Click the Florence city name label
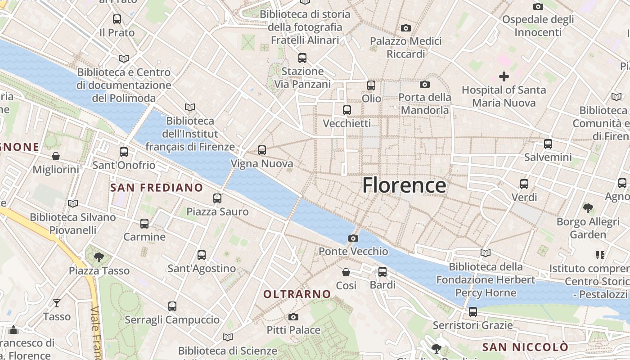coord(404,185)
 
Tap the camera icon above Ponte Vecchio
coord(353,238)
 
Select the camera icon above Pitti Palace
coord(293,317)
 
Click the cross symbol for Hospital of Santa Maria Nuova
coord(504,76)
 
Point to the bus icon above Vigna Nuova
coord(262,150)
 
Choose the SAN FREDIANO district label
coord(157,188)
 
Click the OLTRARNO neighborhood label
coord(297,294)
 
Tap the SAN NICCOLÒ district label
coord(525,347)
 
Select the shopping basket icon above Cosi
coord(346,272)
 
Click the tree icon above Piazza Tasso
coord(99,257)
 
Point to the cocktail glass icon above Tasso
coord(57,303)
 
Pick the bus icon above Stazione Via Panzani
coord(302,58)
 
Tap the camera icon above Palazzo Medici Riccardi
coord(406,28)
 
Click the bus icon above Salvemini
coord(548,144)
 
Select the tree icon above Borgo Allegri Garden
coord(588,208)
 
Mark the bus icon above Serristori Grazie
coord(472,311)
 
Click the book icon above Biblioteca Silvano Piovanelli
coord(73,204)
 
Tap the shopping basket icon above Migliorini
coord(56,156)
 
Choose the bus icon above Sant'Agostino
coord(202,255)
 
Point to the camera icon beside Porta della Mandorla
coord(424,84)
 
